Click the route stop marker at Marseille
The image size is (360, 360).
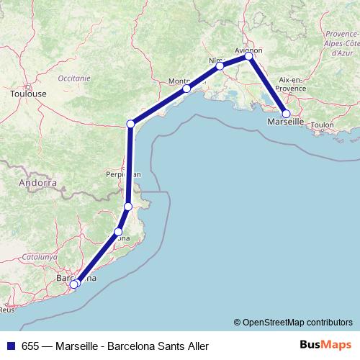(x=287, y=114)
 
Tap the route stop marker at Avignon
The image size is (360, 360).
(x=248, y=56)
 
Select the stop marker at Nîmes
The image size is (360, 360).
(x=220, y=66)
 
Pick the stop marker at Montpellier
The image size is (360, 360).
(x=186, y=89)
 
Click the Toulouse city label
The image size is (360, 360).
(x=29, y=94)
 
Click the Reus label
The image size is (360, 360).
(x=7, y=310)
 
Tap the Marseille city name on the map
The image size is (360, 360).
(x=285, y=123)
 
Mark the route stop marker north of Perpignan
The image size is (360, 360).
(x=130, y=125)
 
